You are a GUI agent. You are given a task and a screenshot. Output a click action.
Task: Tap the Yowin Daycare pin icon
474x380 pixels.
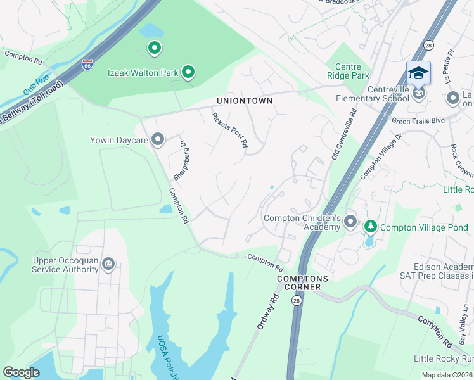click(158, 139)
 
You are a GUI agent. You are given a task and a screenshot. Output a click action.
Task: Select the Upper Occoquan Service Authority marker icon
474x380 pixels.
click(108, 263)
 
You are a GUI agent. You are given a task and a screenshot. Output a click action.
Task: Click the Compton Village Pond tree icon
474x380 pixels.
click(369, 225)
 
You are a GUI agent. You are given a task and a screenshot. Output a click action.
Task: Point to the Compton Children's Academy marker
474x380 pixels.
click(352, 224)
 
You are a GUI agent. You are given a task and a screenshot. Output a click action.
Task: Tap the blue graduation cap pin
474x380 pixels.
click(418, 73)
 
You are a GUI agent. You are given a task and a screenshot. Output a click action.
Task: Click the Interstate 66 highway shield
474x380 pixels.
click(87, 64)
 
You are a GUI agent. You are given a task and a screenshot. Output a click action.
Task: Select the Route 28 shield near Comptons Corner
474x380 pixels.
click(297, 300)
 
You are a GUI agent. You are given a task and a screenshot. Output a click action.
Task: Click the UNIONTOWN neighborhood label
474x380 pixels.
click(245, 101)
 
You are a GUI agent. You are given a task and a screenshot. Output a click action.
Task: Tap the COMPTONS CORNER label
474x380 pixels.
click(302, 282)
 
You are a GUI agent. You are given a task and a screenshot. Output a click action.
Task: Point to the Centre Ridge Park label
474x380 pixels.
click(348, 71)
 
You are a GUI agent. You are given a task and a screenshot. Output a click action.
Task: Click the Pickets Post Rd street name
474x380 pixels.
click(229, 130)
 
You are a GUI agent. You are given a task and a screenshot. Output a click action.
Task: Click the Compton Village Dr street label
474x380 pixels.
click(381, 155)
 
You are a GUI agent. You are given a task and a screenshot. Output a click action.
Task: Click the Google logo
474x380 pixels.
click(22, 372)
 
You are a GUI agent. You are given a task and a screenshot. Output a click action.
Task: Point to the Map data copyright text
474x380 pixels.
click(447, 375)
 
